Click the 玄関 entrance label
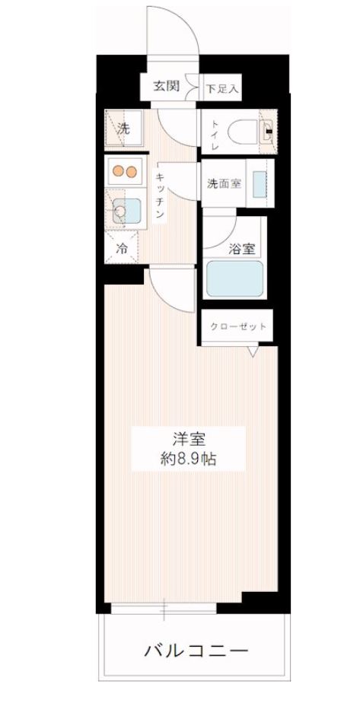[167, 86]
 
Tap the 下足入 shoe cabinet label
[222, 88]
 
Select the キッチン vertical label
[161, 193]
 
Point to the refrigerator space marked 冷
[122, 247]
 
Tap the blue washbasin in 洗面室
[259, 183]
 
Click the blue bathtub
[234, 279]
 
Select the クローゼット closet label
[239, 327]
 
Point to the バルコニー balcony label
[196, 652]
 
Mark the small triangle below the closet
[253, 351]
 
